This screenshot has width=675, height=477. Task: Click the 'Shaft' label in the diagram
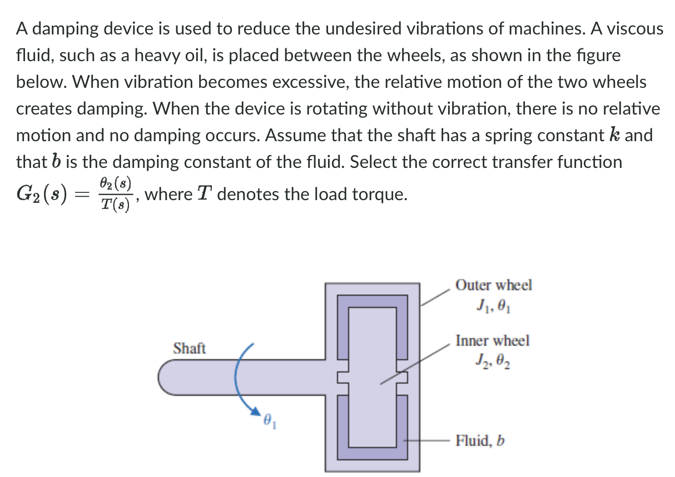[x=189, y=349]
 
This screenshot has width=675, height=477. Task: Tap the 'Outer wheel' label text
[x=493, y=285]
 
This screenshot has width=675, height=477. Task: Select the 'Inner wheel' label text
[x=492, y=340]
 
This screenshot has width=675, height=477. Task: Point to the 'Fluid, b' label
[x=480, y=441]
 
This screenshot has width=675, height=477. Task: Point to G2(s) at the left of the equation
[x=41, y=195]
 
